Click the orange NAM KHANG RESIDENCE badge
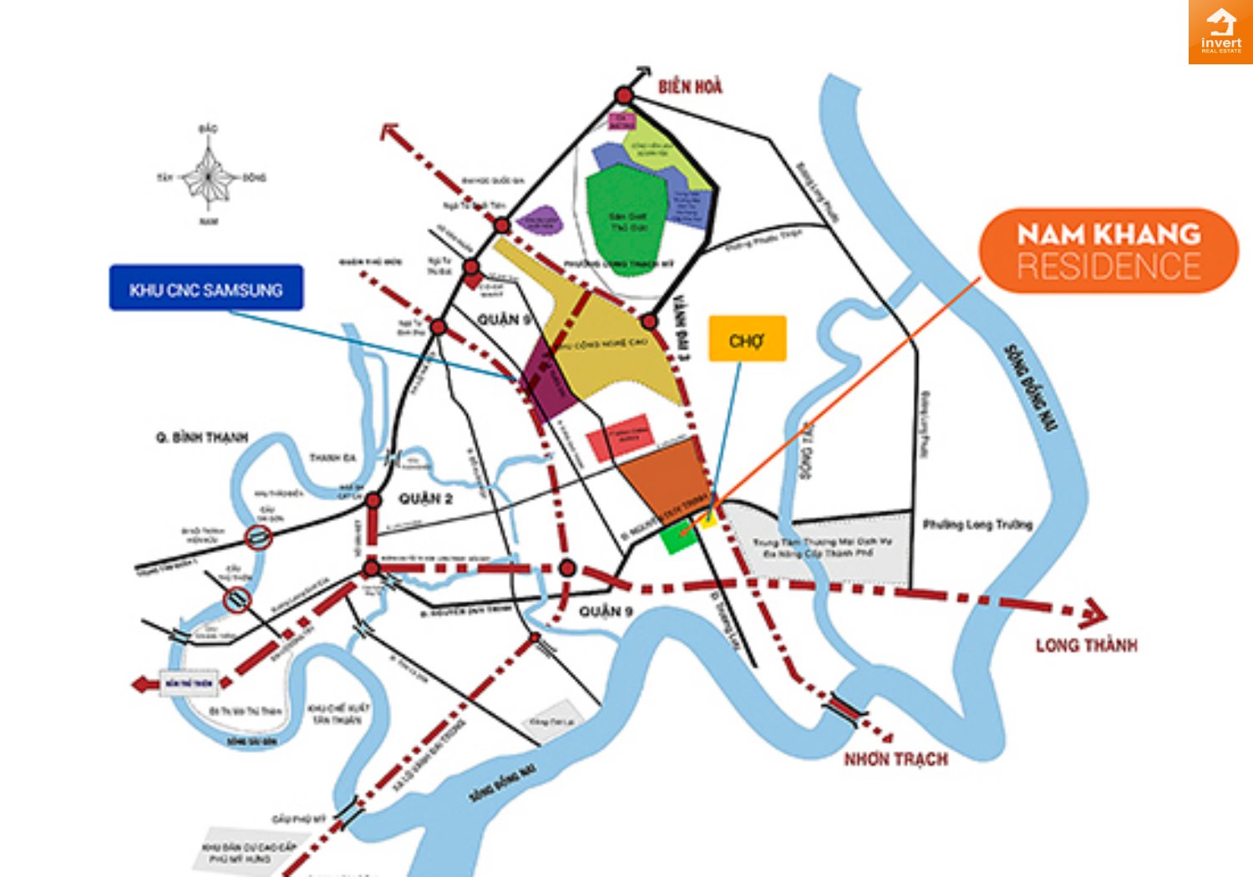pyautogui.click(x=1108, y=251)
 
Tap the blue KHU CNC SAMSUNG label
pyautogui.click(x=206, y=288)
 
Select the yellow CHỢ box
pyautogui.click(x=747, y=339)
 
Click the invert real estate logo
pyautogui.click(x=1220, y=32)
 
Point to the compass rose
pyautogui.click(x=208, y=177)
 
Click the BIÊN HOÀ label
pyautogui.click(x=690, y=87)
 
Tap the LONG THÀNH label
pyautogui.click(x=1086, y=646)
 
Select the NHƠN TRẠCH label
pyautogui.click(x=895, y=759)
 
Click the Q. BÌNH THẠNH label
pyautogui.click(x=202, y=438)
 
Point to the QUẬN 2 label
pyautogui.click(x=425, y=499)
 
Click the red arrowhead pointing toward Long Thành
pyautogui.click(x=1093, y=614)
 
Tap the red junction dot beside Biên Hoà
pyautogui.click(x=624, y=96)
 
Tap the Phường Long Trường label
pyautogui.click(x=977, y=525)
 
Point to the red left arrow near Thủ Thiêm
pyautogui.click(x=145, y=684)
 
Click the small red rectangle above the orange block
pyautogui.click(x=619, y=436)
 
